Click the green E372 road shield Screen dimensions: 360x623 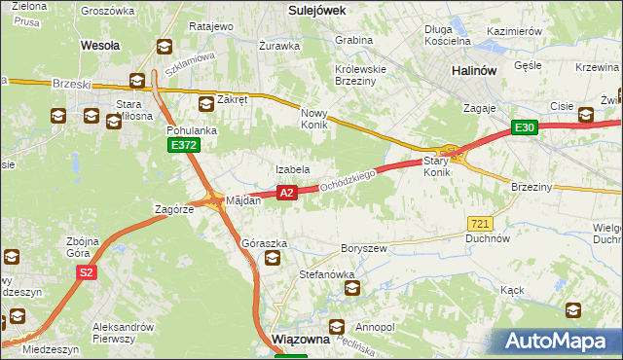pyautogui.click(x=182, y=145)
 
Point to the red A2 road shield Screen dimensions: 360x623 pyautogui.click(x=286, y=194)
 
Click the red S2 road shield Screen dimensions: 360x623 pyautogui.click(x=87, y=273)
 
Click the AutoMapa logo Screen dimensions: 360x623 pyautogui.click(x=560, y=342)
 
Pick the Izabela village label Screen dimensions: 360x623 pyautogui.click(x=292, y=169)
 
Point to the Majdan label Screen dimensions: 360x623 pyautogui.click(x=243, y=200)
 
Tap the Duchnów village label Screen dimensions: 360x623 pyautogui.click(x=488, y=237)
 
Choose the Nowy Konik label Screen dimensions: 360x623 pyautogui.click(x=317, y=119)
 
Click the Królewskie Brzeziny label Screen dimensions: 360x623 pyautogui.click(x=360, y=76)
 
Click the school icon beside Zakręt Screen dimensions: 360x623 pyautogui.click(x=205, y=103)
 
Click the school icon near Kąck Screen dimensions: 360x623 pyautogui.click(x=573, y=310)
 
